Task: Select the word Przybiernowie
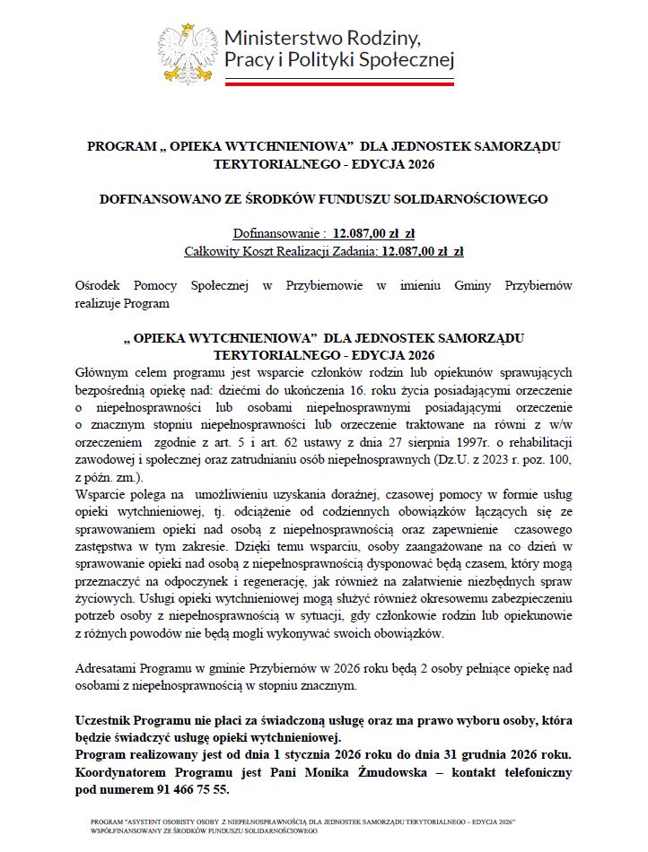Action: (x=323, y=286)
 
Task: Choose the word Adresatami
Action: (x=110, y=669)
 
